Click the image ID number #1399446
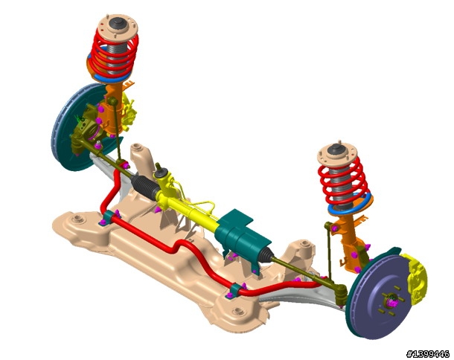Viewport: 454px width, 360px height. point(428,353)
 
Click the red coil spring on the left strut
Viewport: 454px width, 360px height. point(113,55)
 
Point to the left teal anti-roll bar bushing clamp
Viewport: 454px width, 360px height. point(110,218)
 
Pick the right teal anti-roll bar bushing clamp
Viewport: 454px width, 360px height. point(236,291)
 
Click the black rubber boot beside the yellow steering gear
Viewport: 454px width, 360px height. point(144,187)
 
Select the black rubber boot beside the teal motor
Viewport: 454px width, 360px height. point(266,254)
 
